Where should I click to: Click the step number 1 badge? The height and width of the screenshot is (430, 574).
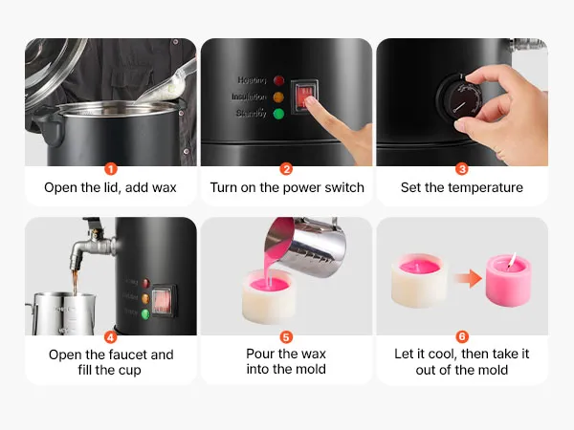point(111,169)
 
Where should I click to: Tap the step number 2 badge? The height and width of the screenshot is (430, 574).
point(286,169)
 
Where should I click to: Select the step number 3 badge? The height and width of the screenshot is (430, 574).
point(462,169)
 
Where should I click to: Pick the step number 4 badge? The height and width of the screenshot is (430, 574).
point(111,336)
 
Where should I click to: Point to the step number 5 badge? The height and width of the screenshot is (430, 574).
point(286,336)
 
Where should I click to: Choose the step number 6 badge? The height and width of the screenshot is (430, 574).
point(462,336)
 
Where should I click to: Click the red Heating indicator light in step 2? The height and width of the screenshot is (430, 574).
point(279,80)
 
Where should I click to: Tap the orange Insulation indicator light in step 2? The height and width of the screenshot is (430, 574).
point(278,97)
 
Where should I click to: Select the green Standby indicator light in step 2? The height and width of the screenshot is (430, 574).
point(278,114)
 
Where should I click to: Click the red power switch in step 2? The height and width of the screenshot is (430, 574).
point(304,97)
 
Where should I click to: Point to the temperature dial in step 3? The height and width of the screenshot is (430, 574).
point(459,99)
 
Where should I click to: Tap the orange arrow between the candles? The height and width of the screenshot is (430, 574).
point(468,279)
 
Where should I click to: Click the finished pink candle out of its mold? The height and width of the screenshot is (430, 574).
point(508,280)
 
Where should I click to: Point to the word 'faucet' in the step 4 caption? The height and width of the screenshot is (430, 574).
point(126,355)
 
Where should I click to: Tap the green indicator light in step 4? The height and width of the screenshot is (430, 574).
point(145,314)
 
